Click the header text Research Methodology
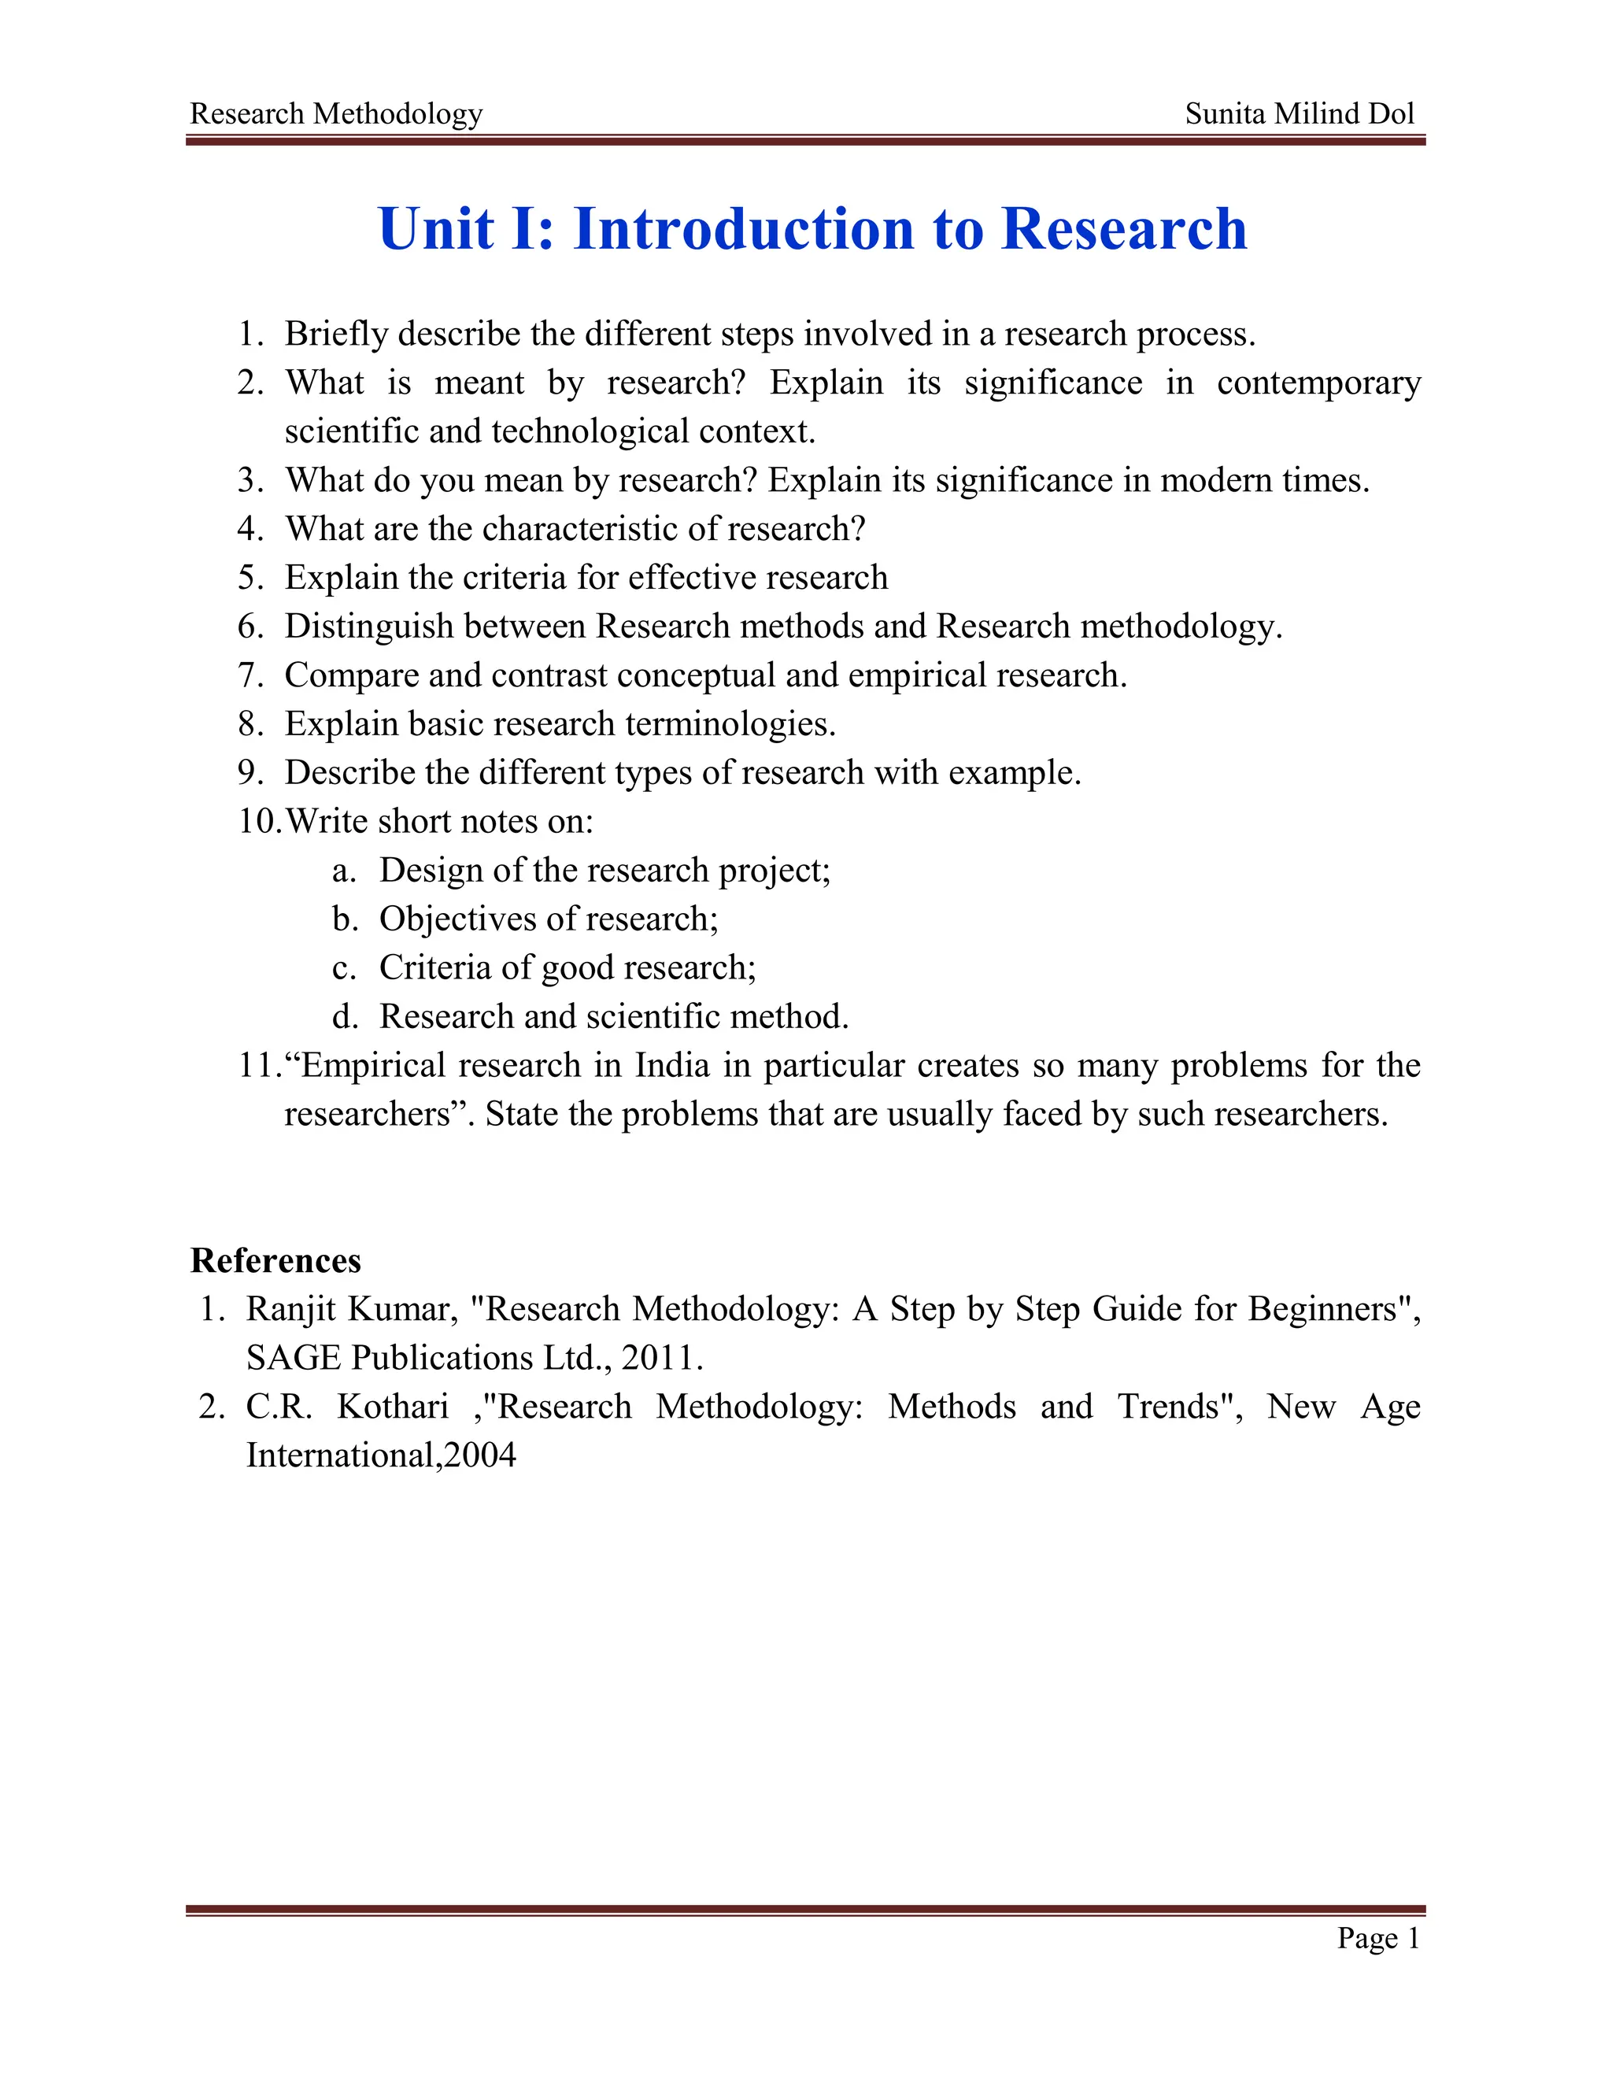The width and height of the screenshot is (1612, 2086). click(x=336, y=113)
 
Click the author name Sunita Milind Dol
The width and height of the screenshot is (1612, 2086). click(x=1299, y=113)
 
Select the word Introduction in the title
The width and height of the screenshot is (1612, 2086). click(x=744, y=229)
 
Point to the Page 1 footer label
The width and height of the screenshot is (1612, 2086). click(x=1378, y=1938)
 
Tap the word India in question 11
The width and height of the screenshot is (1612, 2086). click(x=672, y=1065)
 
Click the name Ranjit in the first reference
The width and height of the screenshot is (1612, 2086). click(x=290, y=1308)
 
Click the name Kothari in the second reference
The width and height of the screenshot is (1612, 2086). click(x=393, y=1406)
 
